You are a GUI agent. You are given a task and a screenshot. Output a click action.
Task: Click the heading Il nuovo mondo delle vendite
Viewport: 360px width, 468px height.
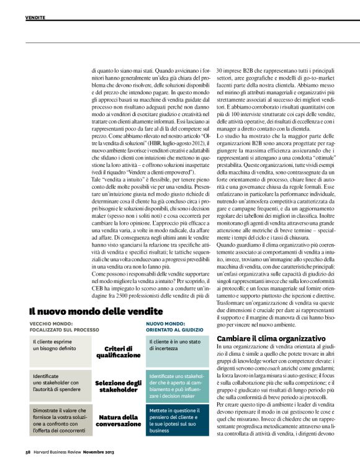[x=96, y=310]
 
